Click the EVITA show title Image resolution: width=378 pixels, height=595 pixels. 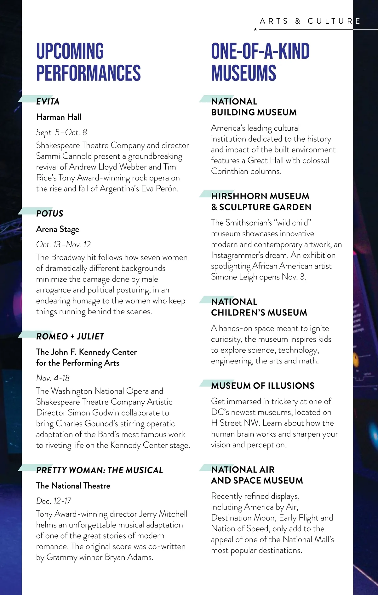pos(48,102)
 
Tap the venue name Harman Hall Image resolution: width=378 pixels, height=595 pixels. pos(59,117)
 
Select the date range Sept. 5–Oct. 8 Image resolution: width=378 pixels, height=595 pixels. pos(61,133)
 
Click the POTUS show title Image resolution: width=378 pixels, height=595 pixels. pos(50,214)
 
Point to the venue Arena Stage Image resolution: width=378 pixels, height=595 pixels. pos(58,229)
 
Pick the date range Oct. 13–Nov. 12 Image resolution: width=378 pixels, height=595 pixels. pos(63,244)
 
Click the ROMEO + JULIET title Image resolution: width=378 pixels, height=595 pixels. pos(70,337)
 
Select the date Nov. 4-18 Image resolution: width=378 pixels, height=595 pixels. pos(53,378)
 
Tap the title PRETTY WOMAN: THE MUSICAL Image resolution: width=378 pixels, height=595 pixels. pos(100,470)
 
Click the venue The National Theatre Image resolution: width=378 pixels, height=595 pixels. pos(73,486)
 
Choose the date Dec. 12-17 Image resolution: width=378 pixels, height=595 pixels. pos(54,501)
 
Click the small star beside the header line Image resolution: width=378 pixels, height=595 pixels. pos(255,29)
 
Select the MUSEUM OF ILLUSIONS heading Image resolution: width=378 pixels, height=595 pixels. pos(263,386)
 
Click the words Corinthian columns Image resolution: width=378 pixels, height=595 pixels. pos(246,171)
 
